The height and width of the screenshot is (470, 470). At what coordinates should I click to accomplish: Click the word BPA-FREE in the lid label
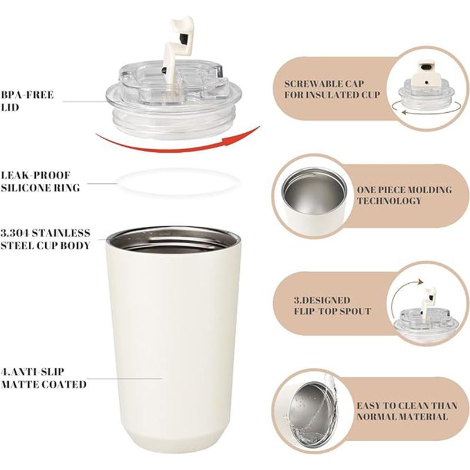point(27,95)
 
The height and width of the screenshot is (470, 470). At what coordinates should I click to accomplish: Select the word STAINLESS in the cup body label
point(61,233)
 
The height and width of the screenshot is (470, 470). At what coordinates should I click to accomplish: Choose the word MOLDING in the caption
point(431,190)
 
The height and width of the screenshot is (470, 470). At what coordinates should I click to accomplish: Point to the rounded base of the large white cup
point(174,444)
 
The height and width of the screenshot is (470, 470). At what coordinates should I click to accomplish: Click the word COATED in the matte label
point(65,384)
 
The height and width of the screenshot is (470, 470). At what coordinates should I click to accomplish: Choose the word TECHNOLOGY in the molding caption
point(390,201)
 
